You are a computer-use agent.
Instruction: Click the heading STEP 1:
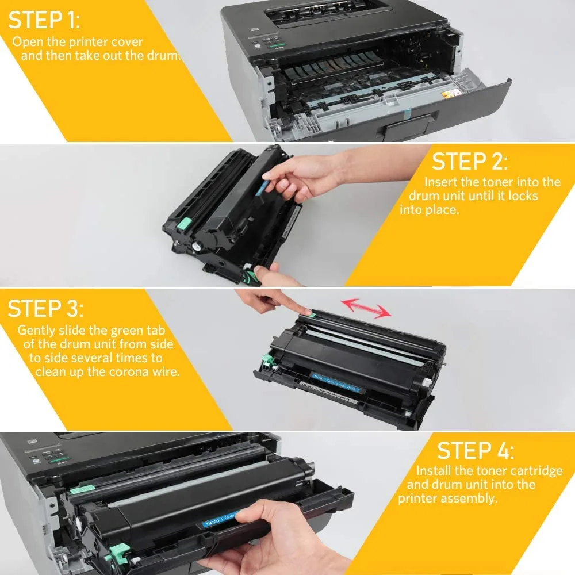(x=44, y=20)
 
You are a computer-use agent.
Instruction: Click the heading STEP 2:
(x=470, y=162)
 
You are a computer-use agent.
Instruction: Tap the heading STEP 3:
(x=45, y=308)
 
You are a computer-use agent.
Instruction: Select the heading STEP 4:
(x=476, y=450)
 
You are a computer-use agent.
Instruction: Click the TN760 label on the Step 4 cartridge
(x=213, y=522)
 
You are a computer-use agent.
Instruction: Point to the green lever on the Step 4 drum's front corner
(x=120, y=551)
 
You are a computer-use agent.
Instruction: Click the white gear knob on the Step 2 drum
(x=197, y=246)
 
